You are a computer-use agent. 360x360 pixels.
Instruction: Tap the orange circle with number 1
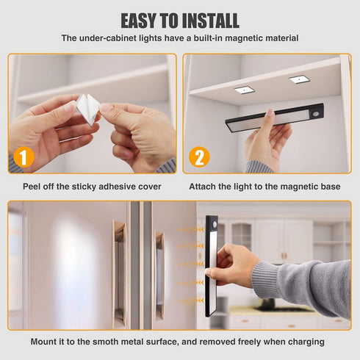coord(24,156)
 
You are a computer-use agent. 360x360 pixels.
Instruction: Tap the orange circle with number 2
coord(199,156)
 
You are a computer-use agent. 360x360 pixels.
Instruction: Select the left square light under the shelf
coord(244,90)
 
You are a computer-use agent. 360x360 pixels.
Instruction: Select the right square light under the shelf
coord(298,79)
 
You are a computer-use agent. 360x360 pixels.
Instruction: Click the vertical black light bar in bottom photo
coord(212,264)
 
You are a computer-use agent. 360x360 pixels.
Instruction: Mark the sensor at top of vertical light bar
coord(212,223)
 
